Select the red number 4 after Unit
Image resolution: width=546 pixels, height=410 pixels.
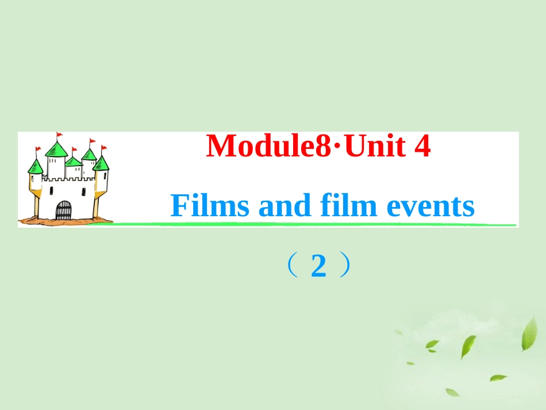pyautogui.click(x=422, y=147)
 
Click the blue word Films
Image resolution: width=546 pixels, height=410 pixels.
pyautogui.click(x=210, y=206)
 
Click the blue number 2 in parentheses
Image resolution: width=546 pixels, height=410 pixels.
pyautogui.click(x=318, y=267)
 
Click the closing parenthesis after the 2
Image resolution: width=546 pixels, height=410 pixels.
pyautogui.click(x=344, y=267)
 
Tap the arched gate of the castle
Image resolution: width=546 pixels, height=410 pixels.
pyautogui.click(x=63, y=210)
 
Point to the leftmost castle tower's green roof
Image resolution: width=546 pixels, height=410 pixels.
pyautogui.click(x=36, y=167)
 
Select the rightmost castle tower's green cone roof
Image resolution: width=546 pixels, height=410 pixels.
pyautogui.click(x=101, y=163)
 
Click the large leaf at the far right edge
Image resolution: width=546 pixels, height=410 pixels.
pyautogui.click(x=529, y=334)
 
